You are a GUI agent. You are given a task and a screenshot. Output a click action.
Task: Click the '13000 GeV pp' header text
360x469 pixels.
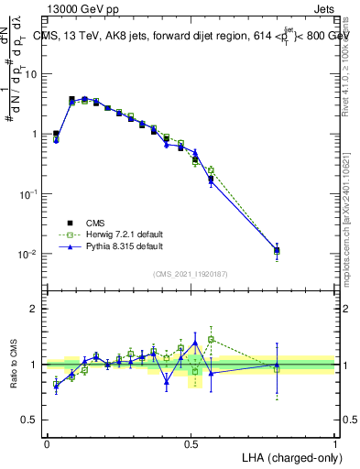click(x=82, y=7)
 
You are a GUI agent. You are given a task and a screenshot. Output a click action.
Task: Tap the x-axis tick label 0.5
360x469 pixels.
click(x=191, y=442)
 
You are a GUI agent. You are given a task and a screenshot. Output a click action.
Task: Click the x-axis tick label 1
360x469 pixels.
click(x=335, y=442)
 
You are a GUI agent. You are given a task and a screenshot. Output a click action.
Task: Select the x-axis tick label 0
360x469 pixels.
click(x=47, y=442)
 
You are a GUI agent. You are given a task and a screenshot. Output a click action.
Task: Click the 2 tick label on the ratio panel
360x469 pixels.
click(x=34, y=309)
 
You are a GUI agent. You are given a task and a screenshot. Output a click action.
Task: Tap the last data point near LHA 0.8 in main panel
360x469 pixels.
click(x=277, y=249)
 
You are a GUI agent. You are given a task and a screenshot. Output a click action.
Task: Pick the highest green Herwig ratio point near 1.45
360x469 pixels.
click(x=212, y=339)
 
